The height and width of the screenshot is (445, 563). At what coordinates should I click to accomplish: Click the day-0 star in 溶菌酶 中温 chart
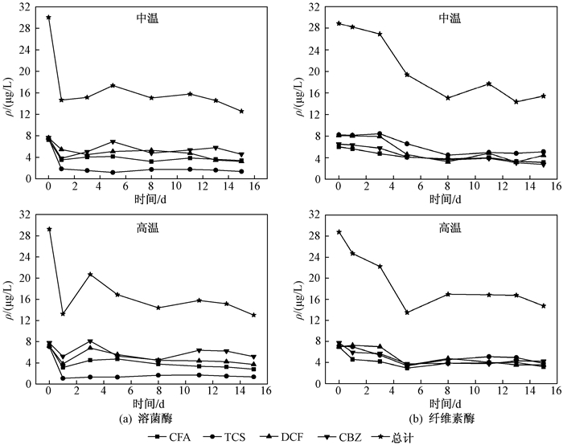point(48,17)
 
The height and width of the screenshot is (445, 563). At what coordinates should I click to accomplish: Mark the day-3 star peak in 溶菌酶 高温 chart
point(90,274)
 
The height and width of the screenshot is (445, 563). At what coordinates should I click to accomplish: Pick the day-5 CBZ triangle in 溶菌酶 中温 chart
point(113,142)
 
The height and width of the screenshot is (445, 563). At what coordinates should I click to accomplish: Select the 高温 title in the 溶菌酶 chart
point(149,228)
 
